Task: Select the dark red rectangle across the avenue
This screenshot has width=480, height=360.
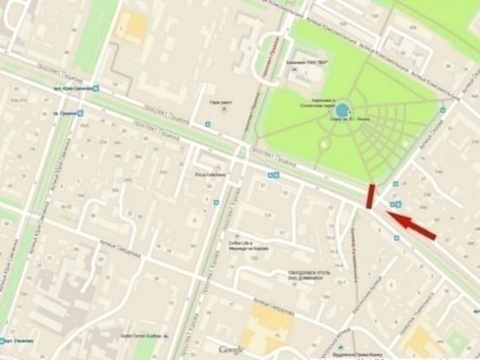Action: [x=370, y=196]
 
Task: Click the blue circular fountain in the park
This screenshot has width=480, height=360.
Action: [x=343, y=110]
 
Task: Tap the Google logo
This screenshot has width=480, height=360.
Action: [x=229, y=350]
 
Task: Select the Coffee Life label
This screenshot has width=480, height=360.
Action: [x=240, y=245]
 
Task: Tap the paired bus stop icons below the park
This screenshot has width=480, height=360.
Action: [x=273, y=175]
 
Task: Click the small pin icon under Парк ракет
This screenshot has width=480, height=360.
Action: [x=224, y=110]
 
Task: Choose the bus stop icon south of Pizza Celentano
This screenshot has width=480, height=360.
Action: [x=209, y=201]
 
